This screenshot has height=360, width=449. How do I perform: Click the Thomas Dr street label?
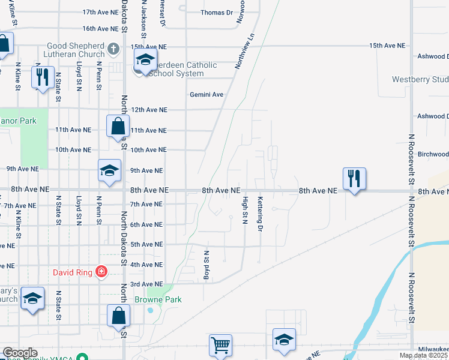[x=216, y=13]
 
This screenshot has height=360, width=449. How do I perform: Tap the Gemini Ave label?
[x=206, y=95]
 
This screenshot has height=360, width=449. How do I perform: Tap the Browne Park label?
[x=157, y=299]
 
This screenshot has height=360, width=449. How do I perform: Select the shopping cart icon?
[x=220, y=344]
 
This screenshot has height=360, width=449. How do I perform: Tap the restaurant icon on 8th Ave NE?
[x=354, y=178]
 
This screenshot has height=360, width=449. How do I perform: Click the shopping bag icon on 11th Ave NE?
[x=118, y=126]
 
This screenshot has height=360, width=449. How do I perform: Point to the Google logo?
[x=20, y=353]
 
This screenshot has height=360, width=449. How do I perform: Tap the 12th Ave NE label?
[x=149, y=110]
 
